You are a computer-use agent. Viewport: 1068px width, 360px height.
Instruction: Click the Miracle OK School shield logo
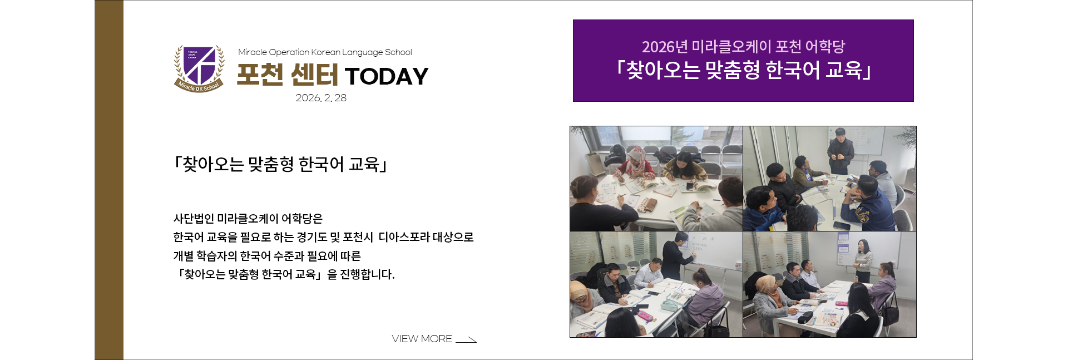199,68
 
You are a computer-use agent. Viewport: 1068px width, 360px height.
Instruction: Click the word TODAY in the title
387,76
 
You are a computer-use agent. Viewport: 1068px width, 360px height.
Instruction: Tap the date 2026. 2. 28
321,98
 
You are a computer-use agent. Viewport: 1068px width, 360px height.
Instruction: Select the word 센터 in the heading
314,75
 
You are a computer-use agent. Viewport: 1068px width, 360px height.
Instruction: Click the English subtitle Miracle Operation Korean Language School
325,52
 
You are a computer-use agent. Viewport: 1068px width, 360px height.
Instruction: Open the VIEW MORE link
422,339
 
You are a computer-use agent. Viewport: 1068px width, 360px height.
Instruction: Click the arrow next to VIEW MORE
466,340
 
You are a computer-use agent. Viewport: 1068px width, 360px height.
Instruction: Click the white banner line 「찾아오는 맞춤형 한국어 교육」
743,71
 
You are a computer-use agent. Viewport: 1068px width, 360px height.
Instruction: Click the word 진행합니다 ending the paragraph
367,274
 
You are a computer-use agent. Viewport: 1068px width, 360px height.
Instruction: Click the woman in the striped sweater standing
863,260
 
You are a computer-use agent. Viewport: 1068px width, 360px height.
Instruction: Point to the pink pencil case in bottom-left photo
646,315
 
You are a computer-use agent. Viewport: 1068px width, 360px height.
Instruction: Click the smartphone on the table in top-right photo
842,225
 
